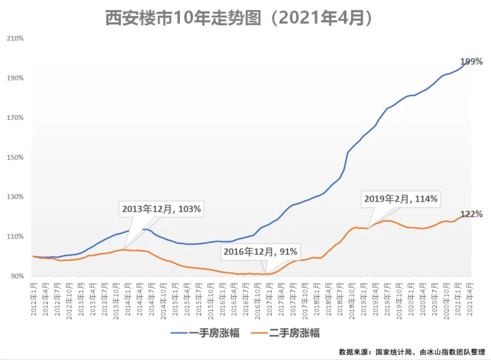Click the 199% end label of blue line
(471, 62)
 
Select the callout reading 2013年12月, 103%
(162, 209)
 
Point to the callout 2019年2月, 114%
(400, 199)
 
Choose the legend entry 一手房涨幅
(205, 333)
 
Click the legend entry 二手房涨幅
(286, 333)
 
